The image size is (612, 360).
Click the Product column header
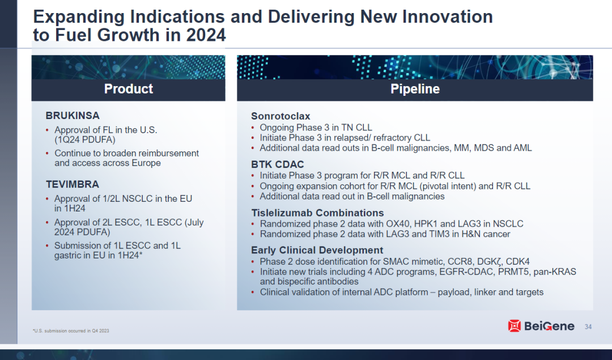pyautogui.click(x=129, y=89)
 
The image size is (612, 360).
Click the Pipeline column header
pyautogui.click(x=415, y=89)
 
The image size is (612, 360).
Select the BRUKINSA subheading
pyautogui.click(x=73, y=116)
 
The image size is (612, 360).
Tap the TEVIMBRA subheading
pyautogui.click(x=73, y=184)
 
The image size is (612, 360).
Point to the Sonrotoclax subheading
pyautogui.click(x=280, y=116)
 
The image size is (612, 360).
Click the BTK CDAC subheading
pyautogui.click(x=278, y=164)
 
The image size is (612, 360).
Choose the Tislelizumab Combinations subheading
pyautogui.click(x=318, y=213)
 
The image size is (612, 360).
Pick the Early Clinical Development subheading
pyautogui.click(x=317, y=250)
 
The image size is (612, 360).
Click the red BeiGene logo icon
pyautogui.click(x=515, y=325)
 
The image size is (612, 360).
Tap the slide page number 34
pyautogui.click(x=588, y=327)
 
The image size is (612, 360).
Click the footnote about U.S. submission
pyautogui.click(x=71, y=331)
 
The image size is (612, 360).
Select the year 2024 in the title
pyautogui.click(x=206, y=35)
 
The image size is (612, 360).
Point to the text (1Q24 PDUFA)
pyautogui.click(x=85, y=140)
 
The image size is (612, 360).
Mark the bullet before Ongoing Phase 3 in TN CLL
pyautogui.click(x=253, y=128)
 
